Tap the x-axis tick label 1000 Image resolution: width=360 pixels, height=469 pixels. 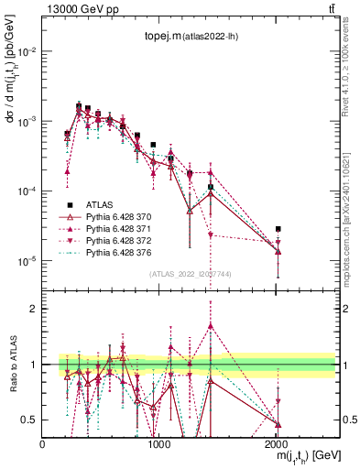(159, 444)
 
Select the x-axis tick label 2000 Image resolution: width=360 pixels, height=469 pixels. (277, 444)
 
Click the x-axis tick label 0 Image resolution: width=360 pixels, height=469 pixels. (43, 444)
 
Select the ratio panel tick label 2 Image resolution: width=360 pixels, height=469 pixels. (33, 309)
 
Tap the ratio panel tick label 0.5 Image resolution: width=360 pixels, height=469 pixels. (29, 420)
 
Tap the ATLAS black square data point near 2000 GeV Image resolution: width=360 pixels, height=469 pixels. (278, 229)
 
